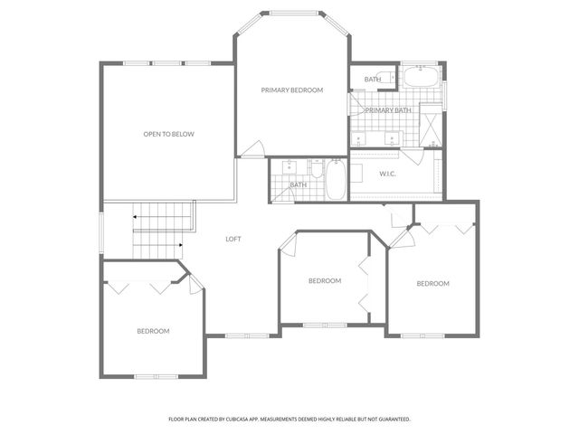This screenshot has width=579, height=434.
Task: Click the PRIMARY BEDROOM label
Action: pos(291,90)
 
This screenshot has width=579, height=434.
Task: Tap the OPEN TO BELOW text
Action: pos(168,134)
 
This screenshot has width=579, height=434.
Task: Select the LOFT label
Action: pos(233,239)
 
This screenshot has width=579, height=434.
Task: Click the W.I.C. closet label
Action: pos(389,174)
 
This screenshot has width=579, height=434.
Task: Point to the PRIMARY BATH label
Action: pos(388,110)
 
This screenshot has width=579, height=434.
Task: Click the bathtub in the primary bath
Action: pos(421,77)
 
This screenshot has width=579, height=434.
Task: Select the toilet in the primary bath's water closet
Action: pos(388,79)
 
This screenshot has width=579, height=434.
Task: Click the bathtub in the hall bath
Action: pos(336,179)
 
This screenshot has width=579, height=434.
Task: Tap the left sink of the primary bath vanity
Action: pos(361,140)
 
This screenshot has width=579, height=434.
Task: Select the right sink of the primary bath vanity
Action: pos(393,140)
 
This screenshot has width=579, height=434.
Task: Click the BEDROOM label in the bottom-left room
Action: pos(153,331)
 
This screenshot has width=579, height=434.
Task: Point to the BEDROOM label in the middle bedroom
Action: pos(324,281)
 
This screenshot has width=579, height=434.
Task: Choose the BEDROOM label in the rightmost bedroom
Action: pos(432,284)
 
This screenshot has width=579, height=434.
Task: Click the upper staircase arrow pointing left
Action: pos(136,217)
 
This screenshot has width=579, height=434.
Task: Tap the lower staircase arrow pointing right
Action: pos(181,244)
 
